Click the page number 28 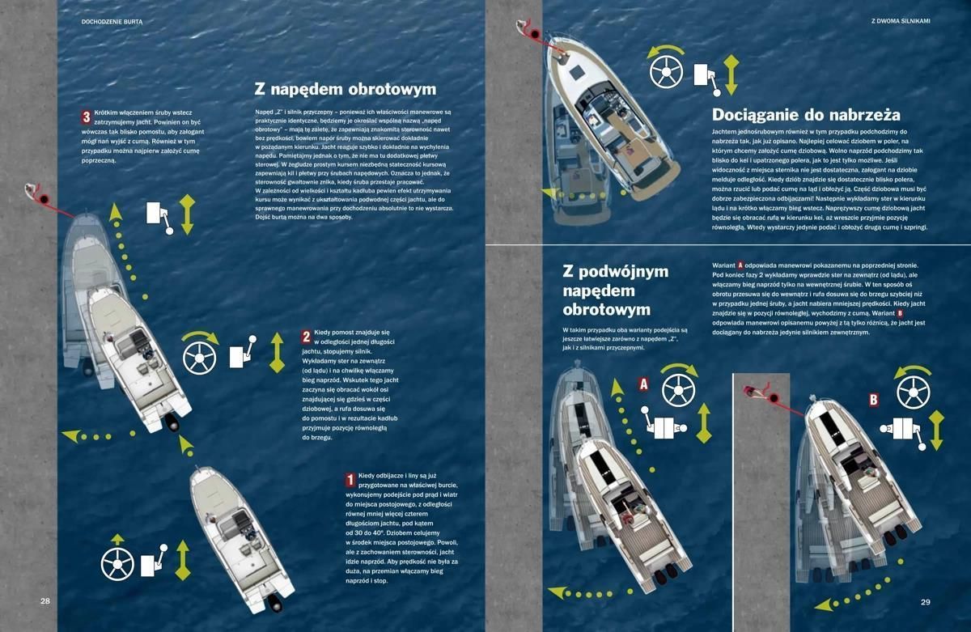pos(45,601)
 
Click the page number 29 pos(925,602)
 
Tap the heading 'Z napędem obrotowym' pos(346,89)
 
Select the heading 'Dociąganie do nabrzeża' pos(806,115)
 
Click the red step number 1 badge pos(350,480)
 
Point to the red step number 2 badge pos(307,337)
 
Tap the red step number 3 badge pos(87,117)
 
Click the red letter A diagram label pos(644,384)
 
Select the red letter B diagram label pos(874,399)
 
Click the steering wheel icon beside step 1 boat pos(117,564)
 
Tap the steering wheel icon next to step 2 pos(199,358)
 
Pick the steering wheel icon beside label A pos(678,391)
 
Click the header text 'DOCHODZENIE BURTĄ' pos(112,22)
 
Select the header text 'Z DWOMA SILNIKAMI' pos(901,21)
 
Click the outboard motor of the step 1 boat pos(274,604)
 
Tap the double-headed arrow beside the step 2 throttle pos(277,353)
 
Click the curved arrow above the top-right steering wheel pos(666,50)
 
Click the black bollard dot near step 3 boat pos(44,199)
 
